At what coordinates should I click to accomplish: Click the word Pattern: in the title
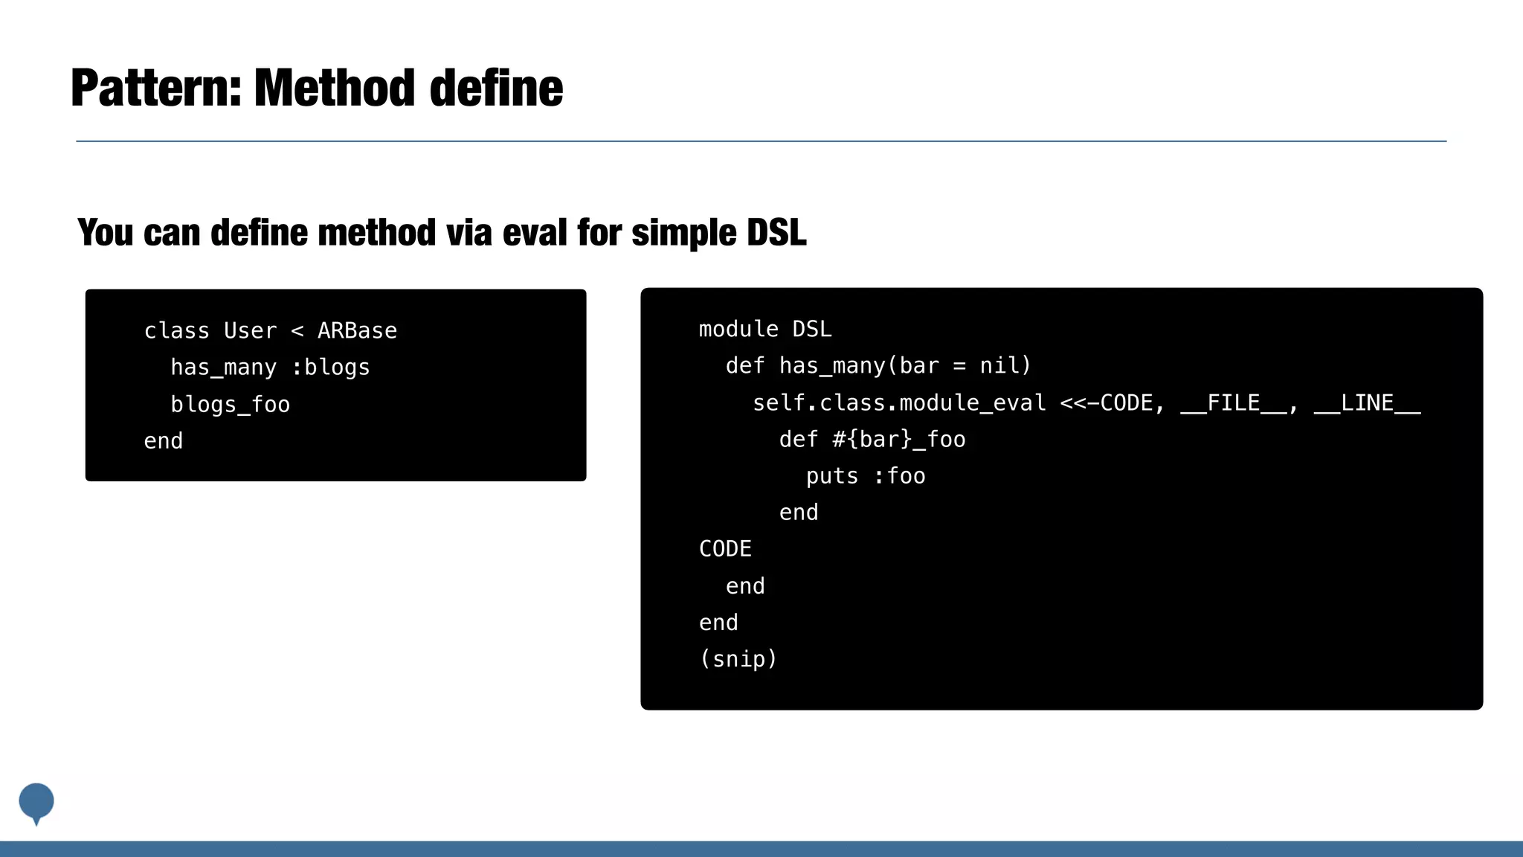(x=156, y=89)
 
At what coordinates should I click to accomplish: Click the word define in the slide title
(x=496, y=89)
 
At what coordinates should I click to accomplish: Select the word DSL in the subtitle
(x=776, y=232)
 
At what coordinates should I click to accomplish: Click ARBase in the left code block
(x=357, y=330)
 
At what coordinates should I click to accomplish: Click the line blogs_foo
(x=231, y=405)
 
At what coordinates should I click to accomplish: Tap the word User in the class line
(x=250, y=330)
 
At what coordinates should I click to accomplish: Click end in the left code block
(x=163, y=441)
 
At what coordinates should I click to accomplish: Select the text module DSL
(x=764, y=329)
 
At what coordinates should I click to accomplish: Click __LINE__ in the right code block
(x=1367, y=403)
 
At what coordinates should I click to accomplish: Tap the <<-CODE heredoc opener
(x=1106, y=403)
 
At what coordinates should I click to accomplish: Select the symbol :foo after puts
(x=899, y=476)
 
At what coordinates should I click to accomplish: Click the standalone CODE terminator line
(x=725, y=549)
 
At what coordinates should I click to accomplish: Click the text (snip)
(x=738, y=659)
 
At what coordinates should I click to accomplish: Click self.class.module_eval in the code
(x=898, y=403)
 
